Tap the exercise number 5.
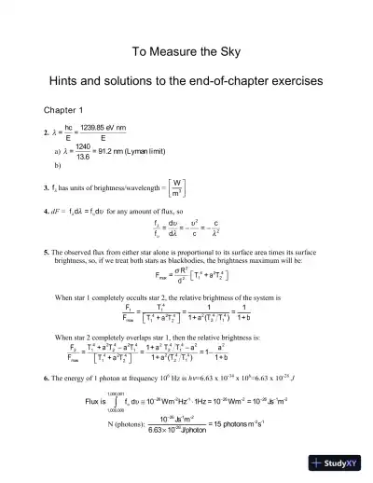click(x=46, y=255)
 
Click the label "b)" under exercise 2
click(x=60, y=170)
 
